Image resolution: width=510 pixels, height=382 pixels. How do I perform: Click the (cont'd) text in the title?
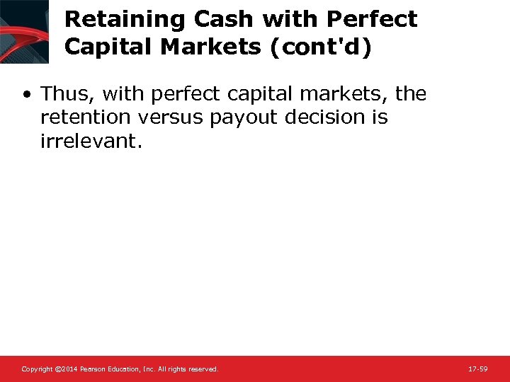tap(322, 47)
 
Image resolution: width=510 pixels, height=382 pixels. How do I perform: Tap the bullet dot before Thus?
tap(26, 93)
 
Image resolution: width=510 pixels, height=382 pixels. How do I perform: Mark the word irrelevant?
tap(90, 140)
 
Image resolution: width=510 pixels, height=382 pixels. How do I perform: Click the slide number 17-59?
tap(478, 369)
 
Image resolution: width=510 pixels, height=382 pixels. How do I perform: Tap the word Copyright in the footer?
tap(37, 369)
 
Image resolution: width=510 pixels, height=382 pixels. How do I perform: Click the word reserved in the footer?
tap(203, 369)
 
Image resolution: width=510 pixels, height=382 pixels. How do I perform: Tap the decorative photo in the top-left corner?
tap(24, 31)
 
